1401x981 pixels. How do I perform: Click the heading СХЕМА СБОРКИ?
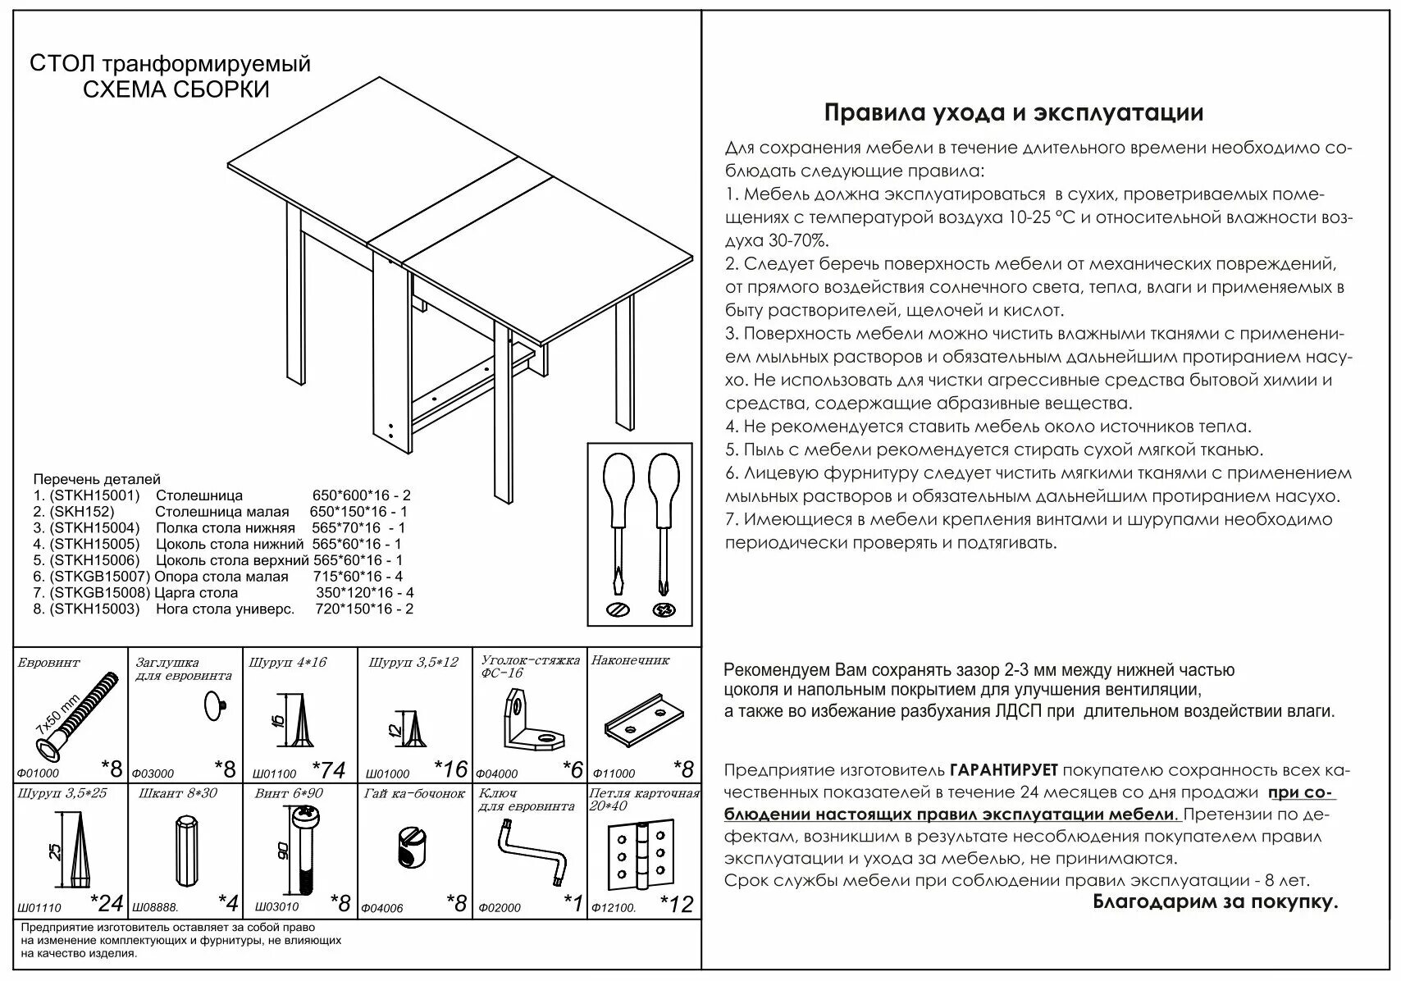click(x=176, y=89)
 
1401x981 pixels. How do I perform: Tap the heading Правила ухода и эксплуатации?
click(x=1013, y=113)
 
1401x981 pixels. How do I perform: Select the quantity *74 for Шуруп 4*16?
click(x=329, y=769)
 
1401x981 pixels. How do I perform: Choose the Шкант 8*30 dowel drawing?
click(x=185, y=850)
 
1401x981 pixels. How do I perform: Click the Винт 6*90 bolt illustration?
click(x=306, y=849)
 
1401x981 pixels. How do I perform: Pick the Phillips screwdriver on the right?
click(x=663, y=533)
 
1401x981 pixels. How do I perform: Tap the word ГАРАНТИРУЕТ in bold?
click(x=1004, y=770)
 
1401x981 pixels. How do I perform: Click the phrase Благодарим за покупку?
click(x=1215, y=902)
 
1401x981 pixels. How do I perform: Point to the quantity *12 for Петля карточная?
click(x=677, y=904)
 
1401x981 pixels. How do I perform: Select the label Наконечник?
click(x=630, y=660)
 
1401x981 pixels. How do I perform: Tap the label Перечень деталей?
click(x=97, y=479)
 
